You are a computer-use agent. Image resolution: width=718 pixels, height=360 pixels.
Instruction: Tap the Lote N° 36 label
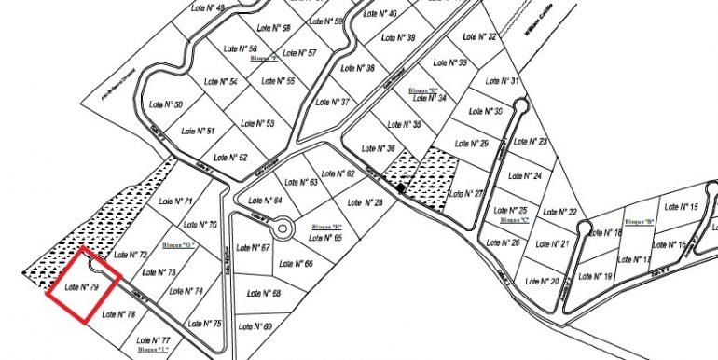pyautogui.click(x=378, y=149)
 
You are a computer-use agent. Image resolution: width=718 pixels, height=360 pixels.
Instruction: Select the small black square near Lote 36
pyautogui.click(x=400, y=189)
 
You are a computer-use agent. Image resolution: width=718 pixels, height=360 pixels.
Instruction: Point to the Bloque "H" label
pyautogui.click(x=328, y=227)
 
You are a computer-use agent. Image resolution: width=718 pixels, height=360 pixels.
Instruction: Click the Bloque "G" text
pyautogui.click(x=177, y=245)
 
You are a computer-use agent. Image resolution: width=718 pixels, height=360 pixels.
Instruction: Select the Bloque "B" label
pyautogui.click(x=639, y=222)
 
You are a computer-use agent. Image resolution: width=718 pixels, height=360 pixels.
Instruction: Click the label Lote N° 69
pyautogui.click(x=255, y=326)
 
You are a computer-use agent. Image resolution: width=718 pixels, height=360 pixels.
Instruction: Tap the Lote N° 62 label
pyautogui.click(x=338, y=173)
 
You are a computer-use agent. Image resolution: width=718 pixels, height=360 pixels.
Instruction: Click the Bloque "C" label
pyautogui.click(x=515, y=221)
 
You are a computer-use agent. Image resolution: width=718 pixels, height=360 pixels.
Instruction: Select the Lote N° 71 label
pyautogui.click(x=175, y=201)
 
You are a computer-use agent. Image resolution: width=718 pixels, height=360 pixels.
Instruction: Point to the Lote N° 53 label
pyautogui.click(x=257, y=123)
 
